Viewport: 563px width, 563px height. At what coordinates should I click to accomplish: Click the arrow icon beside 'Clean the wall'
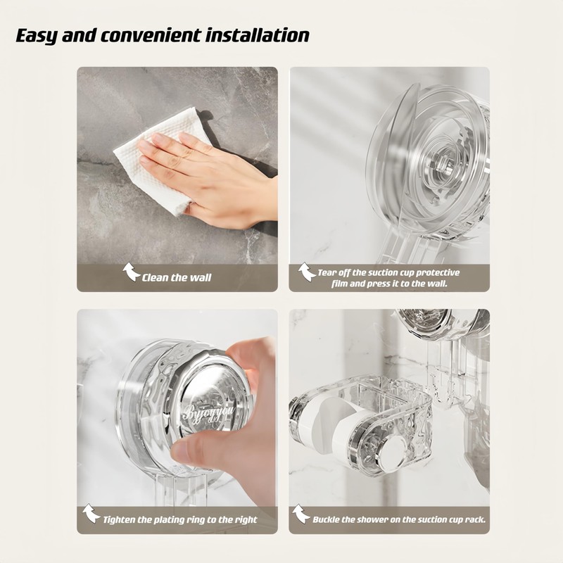(132, 272)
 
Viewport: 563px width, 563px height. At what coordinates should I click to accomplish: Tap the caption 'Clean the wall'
(177, 277)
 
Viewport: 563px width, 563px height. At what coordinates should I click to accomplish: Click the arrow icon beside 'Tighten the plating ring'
(91, 514)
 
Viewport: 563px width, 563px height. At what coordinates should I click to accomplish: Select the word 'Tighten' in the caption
(123, 520)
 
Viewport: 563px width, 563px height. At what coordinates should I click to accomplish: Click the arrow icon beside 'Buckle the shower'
(301, 514)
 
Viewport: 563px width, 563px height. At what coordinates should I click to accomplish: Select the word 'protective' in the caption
(438, 272)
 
